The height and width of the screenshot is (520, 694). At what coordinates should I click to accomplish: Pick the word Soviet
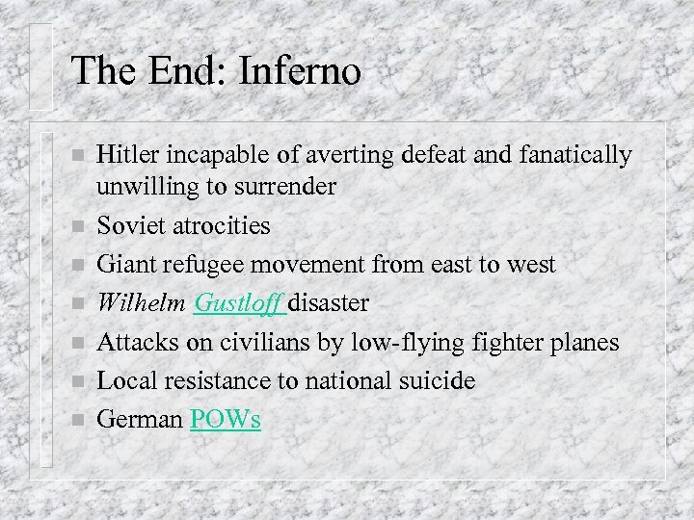click(128, 225)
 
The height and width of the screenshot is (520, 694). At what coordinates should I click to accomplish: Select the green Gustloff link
click(237, 303)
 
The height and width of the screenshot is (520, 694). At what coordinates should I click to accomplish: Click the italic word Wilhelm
click(142, 303)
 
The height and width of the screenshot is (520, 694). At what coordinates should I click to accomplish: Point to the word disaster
click(328, 303)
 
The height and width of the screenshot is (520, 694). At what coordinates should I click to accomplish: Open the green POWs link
click(226, 420)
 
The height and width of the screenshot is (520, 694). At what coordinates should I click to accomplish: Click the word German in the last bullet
click(140, 420)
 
